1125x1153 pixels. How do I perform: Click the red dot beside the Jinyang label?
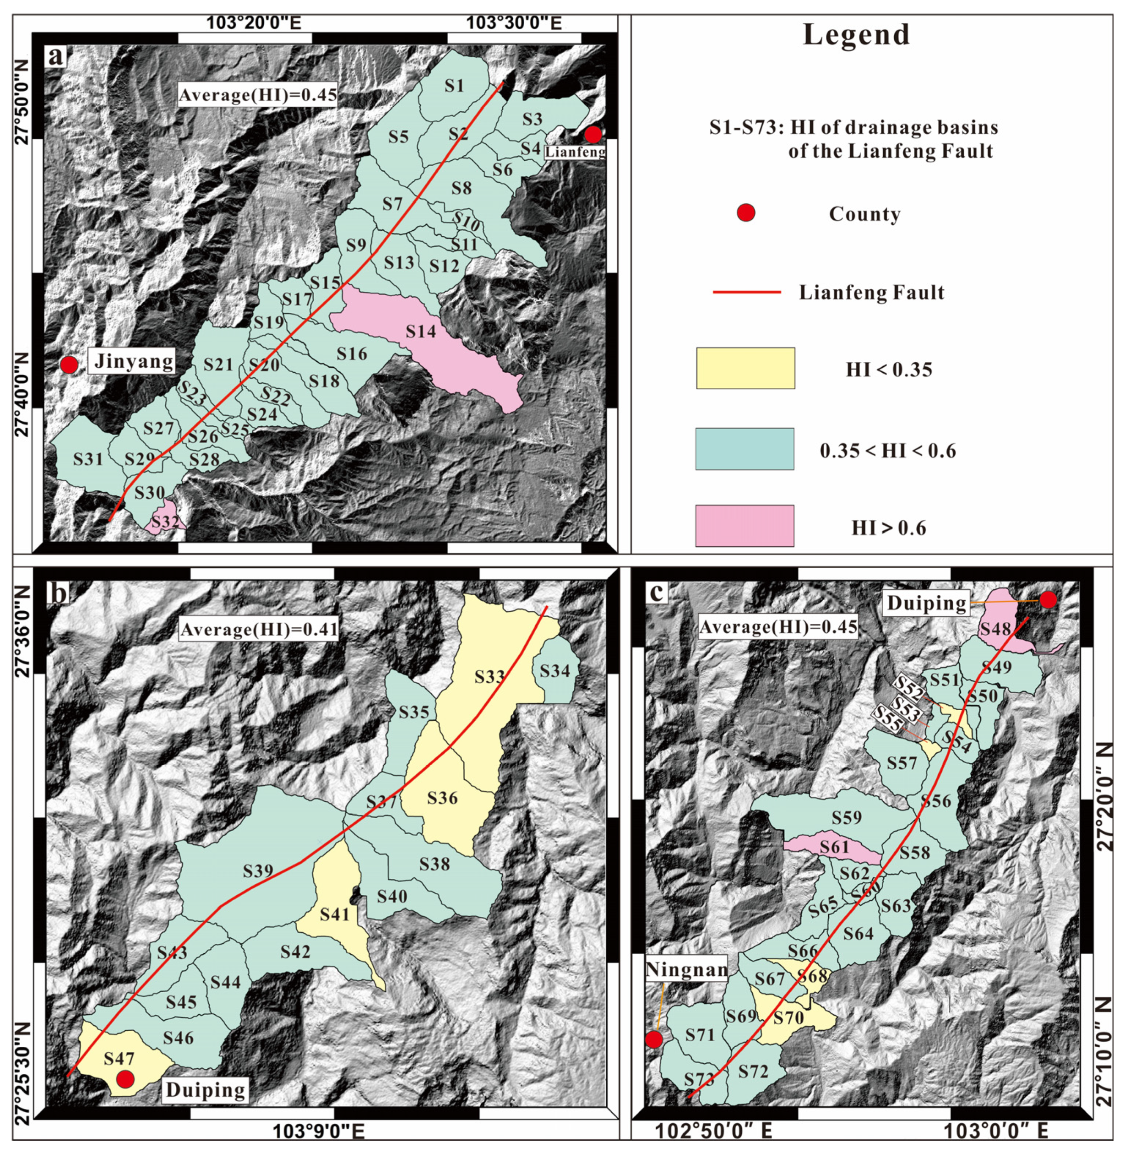[x=69, y=364]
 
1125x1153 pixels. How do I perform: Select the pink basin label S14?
[x=421, y=332]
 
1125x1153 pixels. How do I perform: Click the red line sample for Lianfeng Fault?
[x=746, y=292]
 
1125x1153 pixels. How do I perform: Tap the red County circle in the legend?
[x=746, y=213]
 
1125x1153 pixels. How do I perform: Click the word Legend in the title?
[x=856, y=34]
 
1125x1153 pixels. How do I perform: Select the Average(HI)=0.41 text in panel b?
[x=259, y=630]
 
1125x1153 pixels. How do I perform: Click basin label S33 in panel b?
[x=490, y=677]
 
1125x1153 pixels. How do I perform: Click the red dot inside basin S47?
[x=125, y=1078]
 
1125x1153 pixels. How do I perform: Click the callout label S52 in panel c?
[x=907, y=687]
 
